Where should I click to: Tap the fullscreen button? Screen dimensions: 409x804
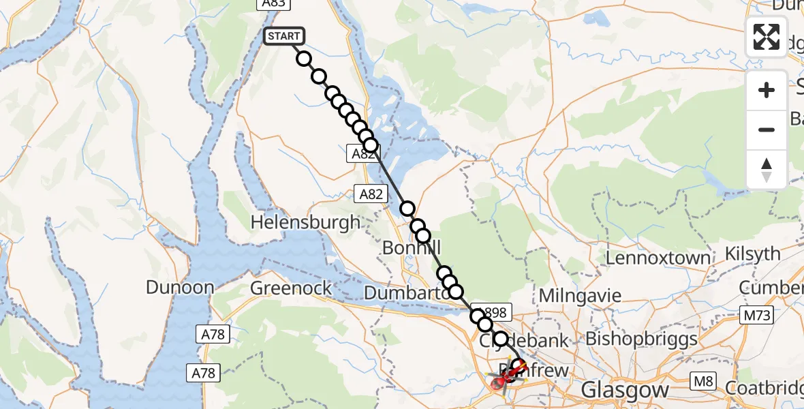(x=767, y=37)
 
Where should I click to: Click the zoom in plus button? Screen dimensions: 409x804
(x=767, y=90)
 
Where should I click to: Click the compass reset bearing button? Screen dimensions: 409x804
(x=767, y=170)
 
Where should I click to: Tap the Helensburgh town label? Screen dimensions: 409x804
(x=305, y=222)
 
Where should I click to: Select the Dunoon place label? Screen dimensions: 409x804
(x=180, y=287)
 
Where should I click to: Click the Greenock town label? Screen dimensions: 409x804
(x=291, y=288)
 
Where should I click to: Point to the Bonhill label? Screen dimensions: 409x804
(x=412, y=248)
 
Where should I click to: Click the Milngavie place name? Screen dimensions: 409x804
(x=580, y=296)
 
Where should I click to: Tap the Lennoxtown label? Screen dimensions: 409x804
(x=658, y=258)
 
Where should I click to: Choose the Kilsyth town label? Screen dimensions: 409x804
(x=753, y=254)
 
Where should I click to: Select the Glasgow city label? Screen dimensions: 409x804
(x=624, y=391)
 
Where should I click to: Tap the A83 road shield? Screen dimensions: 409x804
(x=273, y=4)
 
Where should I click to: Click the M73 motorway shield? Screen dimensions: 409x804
(x=756, y=315)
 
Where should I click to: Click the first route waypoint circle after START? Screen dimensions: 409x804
(x=304, y=59)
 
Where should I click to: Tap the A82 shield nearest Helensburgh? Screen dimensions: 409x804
(x=371, y=194)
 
